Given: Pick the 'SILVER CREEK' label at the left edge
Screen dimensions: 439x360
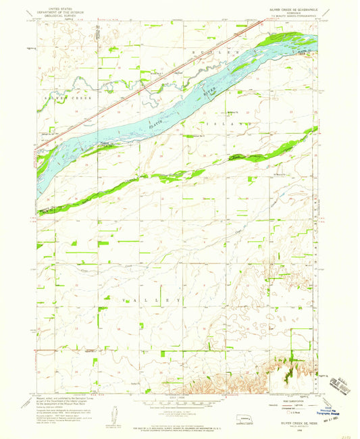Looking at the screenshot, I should tap(58, 99).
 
